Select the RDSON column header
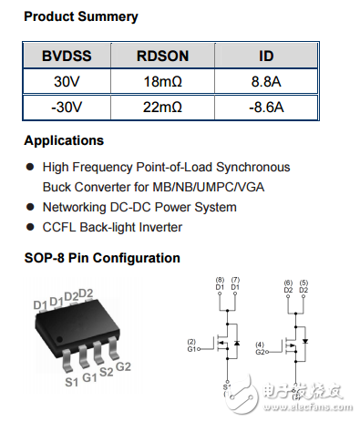(x=163, y=56)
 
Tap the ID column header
(x=267, y=56)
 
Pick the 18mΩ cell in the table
(x=163, y=81)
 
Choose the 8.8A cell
(x=267, y=81)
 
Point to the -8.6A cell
(x=267, y=107)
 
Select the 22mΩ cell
(x=163, y=107)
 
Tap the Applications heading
(x=64, y=141)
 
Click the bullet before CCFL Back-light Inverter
(x=30, y=227)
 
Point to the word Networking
(x=77, y=207)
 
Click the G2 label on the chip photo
(x=124, y=366)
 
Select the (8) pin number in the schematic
(x=219, y=279)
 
